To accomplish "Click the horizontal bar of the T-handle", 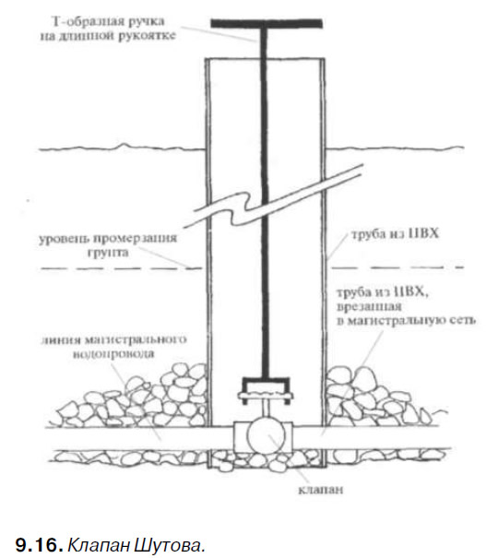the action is click(267, 23).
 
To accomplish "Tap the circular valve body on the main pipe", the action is click(267, 435).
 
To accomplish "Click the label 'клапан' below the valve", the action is click(321, 490).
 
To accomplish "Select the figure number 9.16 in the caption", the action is click(39, 545).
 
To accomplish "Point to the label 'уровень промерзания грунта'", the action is click(108, 244).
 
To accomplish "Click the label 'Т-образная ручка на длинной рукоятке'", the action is click(108, 29).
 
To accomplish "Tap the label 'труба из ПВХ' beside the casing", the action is click(395, 233).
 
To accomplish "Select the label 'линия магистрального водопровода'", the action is click(113, 346).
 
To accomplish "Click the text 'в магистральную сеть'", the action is click(406, 320).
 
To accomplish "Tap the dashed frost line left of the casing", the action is click(122, 268).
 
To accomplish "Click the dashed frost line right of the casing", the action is click(397, 267).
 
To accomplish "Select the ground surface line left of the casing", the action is click(122, 148).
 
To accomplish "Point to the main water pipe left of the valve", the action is click(139, 438).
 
